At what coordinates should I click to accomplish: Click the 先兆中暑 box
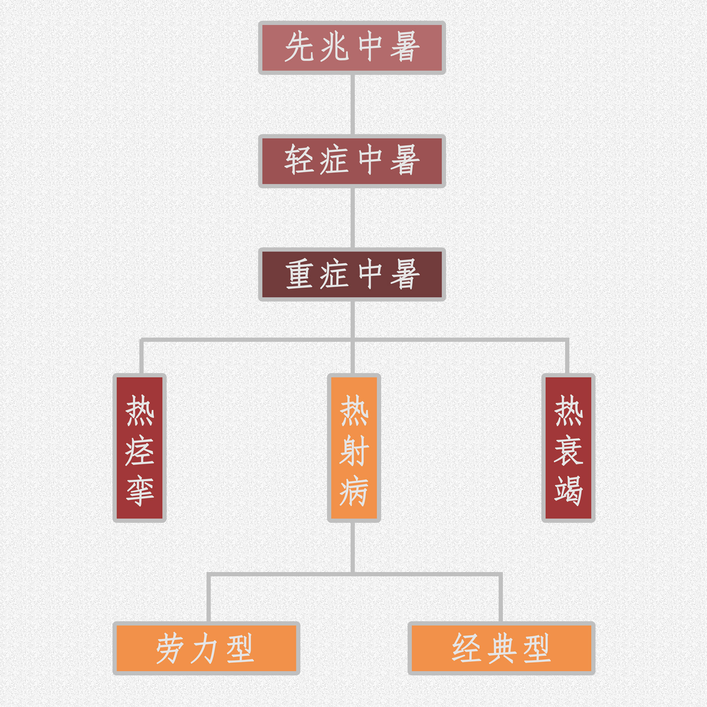point(352,48)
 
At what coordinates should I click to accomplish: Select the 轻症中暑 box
point(352,161)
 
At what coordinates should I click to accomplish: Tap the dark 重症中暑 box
point(352,274)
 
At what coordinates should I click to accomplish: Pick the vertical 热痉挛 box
point(139,448)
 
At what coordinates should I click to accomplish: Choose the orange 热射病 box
point(354,448)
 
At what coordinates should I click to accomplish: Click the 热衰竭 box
point(568,448)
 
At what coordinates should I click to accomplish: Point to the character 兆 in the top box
point(334,47)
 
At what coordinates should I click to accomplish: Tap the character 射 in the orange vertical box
point(354,450)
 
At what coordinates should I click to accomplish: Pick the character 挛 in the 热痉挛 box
point(139,490)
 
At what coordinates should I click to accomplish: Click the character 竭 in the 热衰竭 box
point(568,490)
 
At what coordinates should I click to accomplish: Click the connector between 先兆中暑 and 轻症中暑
point(353,104)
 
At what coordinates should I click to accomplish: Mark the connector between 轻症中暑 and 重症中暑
point(353,218)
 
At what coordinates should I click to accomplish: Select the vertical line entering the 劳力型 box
point(209,600)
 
